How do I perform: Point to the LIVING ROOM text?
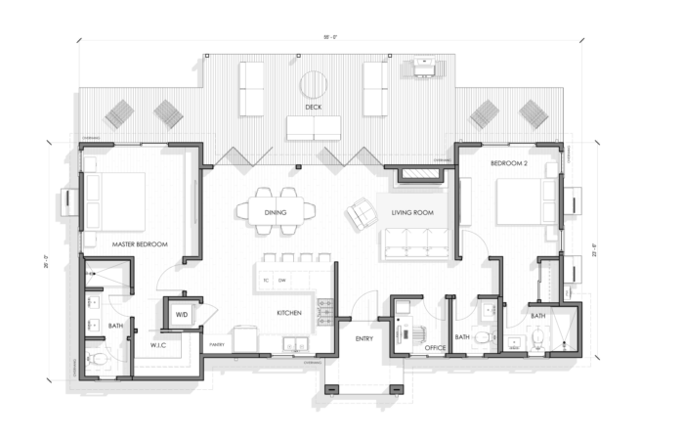(412, 210)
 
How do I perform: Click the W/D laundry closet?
(181, 315)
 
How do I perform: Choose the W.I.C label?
(161, 345)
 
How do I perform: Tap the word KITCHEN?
(287, 313)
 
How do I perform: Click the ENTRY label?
(364, 338)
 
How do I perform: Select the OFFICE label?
(435, 346)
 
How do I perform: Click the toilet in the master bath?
(99, 359)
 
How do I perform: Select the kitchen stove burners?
(327, 313)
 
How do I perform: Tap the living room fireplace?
(417, 175)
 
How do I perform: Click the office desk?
(402, 328)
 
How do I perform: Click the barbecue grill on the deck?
(423, 66)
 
